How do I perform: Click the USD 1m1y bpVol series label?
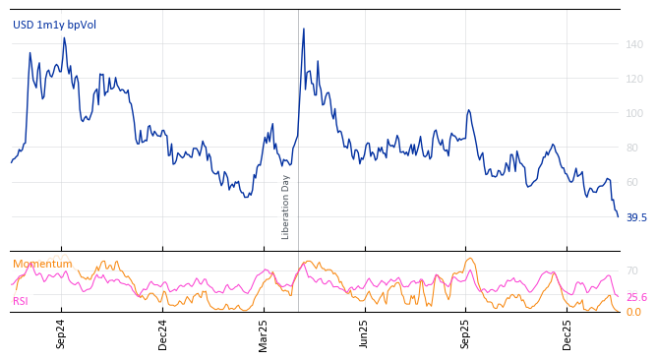[54, 25]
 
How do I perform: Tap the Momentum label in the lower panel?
[42, 264]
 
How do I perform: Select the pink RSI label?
[21, 301]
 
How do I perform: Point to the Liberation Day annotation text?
[286, 207]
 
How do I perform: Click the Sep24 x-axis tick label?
[61, 333]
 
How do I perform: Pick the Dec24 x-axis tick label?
[163, 333]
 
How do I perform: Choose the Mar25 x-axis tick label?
[264, 333]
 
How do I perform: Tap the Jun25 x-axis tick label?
[365, 333]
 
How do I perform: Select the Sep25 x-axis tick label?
[466, 333]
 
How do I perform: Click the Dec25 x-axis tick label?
[567, 333]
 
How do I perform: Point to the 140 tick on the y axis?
[634, 44]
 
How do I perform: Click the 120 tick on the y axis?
[634, 79]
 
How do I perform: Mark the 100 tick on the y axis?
[634, 113]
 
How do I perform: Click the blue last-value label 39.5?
[636, 217]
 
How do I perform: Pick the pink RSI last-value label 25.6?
[636, 297]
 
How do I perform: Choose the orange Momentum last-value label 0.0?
[633, 312]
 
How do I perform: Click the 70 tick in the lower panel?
[631, 270]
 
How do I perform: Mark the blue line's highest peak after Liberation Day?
[303, 29]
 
